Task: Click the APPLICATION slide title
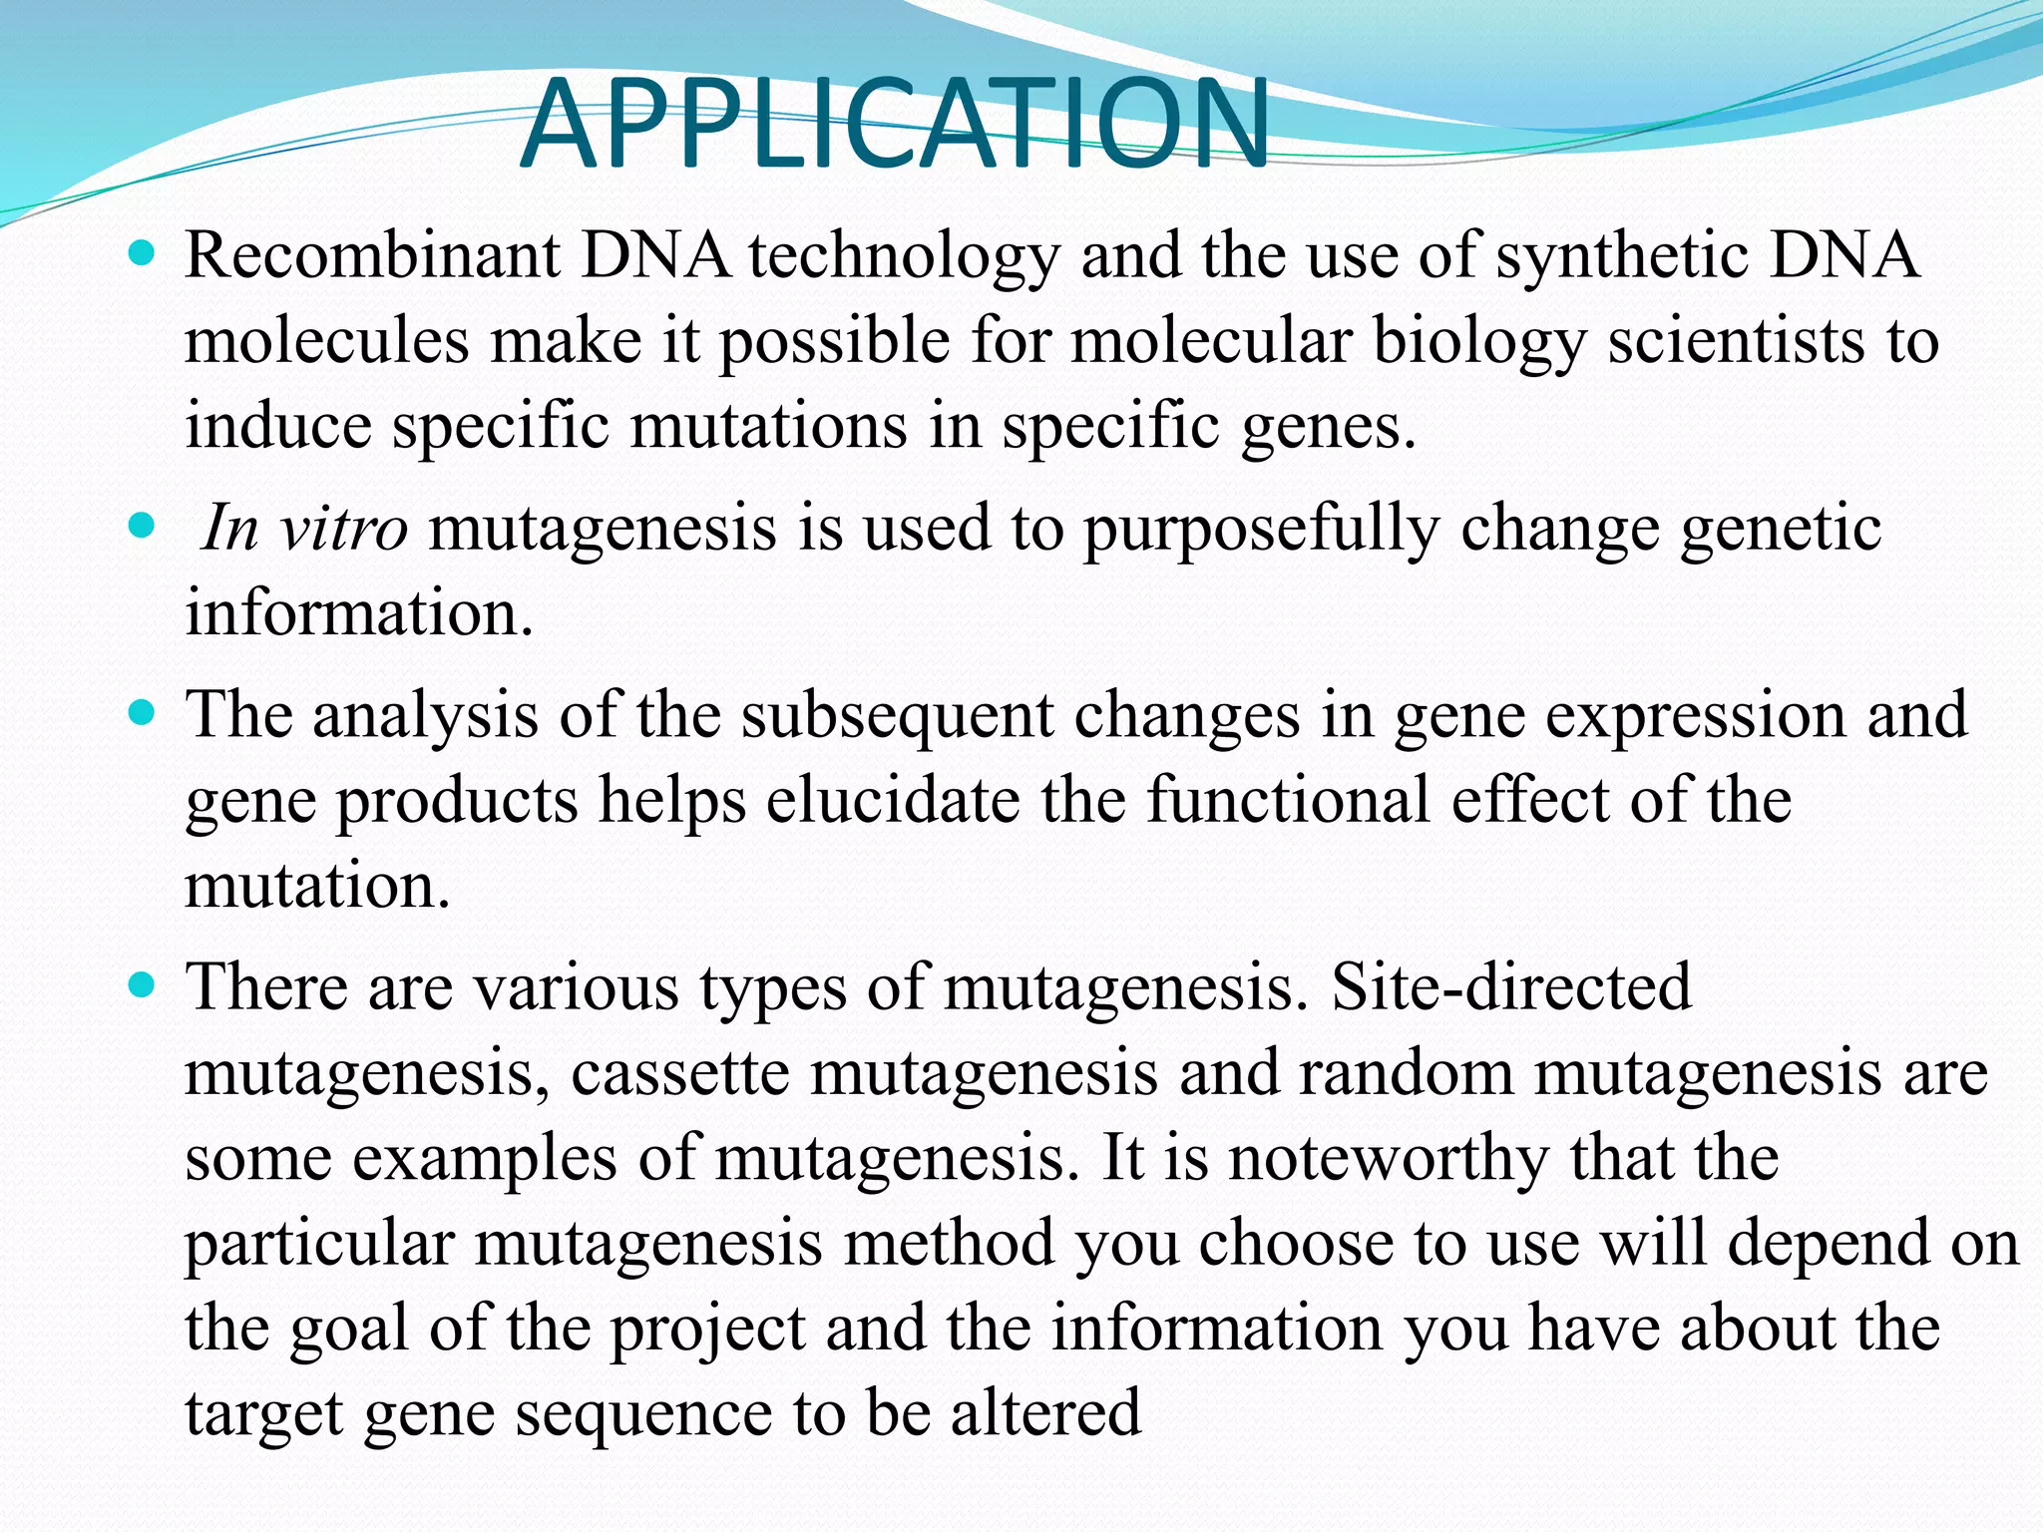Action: click(895, 125)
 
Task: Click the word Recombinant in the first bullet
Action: click(372, 255)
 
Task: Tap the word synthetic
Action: click(1622, 255)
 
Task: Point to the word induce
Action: click(278, 426)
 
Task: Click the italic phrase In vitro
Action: click(303, 528)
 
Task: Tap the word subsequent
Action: click(896, 715)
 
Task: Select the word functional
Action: click(1288, 800)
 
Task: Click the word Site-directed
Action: click(1511, 986)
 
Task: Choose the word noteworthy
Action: click(1388, 1158)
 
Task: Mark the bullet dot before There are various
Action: click(143, 985)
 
